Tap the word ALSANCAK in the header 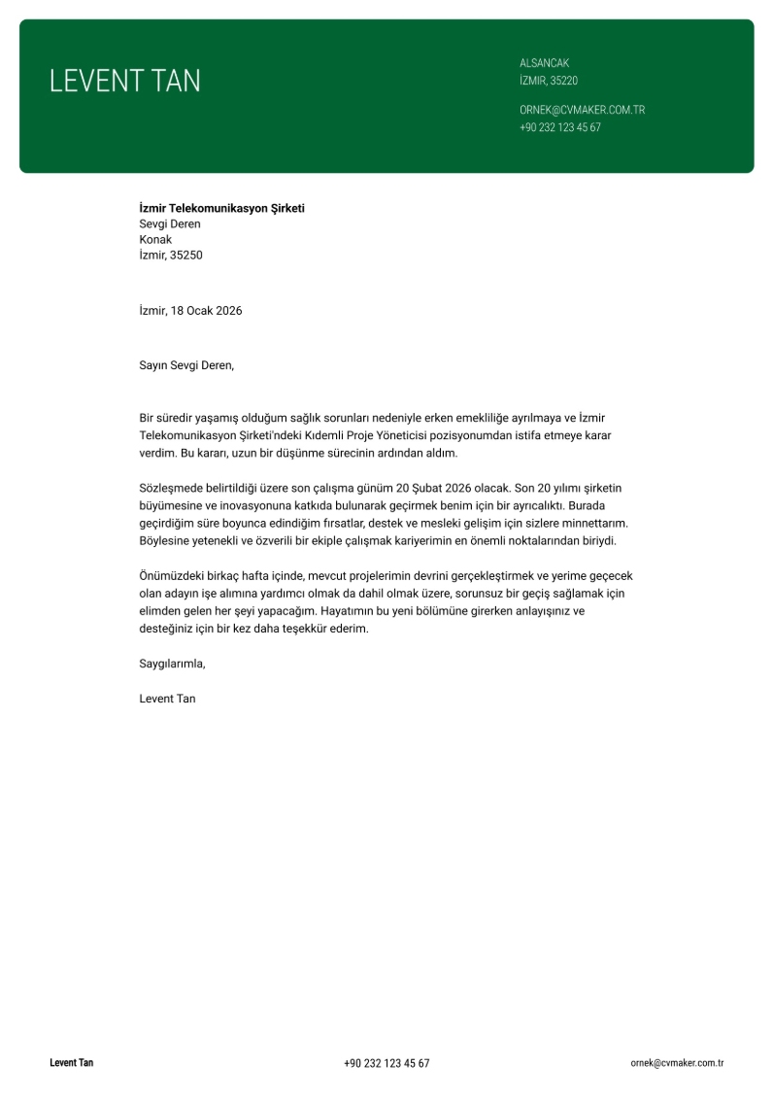point(544,63)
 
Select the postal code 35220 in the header point(563,81)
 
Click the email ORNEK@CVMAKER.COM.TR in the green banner point(582,110)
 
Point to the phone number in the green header point(559,127)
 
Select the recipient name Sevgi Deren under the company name point(170,224)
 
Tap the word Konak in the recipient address point(155,240)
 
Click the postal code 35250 point(186,256)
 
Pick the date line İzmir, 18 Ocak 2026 point(190,311)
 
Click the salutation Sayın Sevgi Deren point(186,366)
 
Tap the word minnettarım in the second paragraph point(595,523)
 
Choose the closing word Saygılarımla point(173,665)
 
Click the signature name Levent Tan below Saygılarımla point(167,699)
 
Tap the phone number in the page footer point(386,1064)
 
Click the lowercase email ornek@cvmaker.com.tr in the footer point(677,1064)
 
